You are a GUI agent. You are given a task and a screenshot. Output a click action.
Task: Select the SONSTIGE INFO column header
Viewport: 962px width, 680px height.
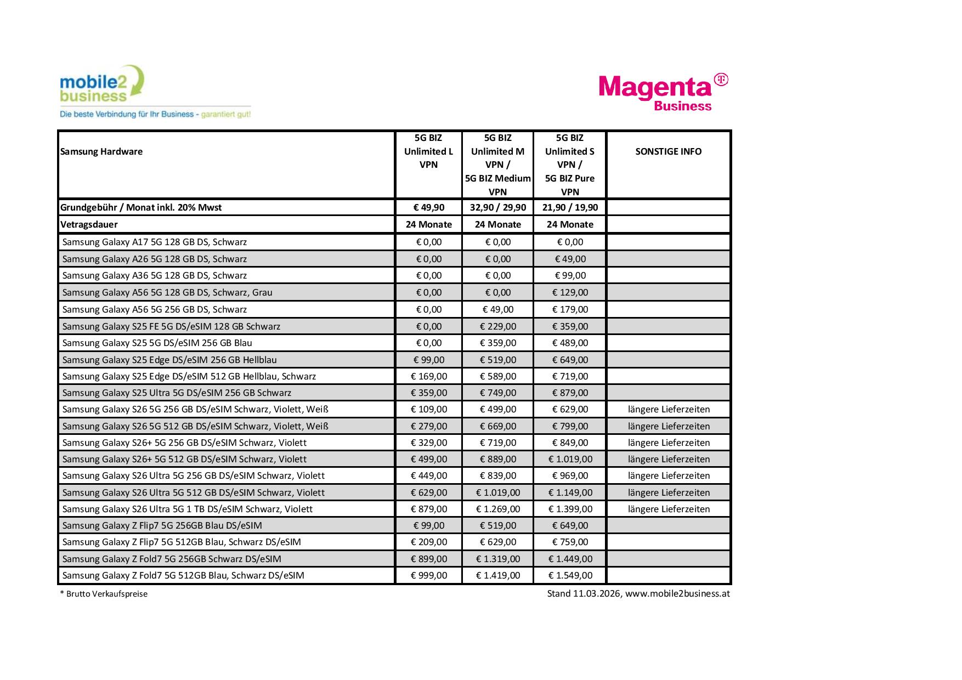pos(668,152)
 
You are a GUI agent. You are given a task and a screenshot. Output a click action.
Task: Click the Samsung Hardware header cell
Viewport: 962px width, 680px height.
pos(101,152)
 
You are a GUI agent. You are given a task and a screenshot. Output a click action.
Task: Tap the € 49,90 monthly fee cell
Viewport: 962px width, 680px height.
pos(429,208)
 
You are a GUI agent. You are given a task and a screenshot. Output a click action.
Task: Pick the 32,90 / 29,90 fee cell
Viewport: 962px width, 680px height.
pos(497,208)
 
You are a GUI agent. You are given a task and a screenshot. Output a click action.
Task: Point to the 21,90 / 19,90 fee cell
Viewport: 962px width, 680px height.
pos(570,208)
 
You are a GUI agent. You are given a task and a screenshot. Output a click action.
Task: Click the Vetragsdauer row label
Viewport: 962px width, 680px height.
pos(89,224)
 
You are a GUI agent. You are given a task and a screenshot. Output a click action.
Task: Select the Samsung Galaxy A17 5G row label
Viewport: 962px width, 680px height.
pos(155,242)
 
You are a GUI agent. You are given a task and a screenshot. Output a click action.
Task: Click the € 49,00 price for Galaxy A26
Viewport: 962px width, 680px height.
pos(570,259)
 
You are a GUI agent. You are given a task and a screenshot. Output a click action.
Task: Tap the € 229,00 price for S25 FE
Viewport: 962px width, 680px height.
pos(497,326)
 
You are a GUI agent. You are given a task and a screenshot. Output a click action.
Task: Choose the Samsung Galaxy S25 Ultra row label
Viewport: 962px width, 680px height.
pos(177,393)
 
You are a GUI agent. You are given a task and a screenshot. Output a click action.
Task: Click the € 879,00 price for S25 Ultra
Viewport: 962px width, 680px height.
pos(570,393)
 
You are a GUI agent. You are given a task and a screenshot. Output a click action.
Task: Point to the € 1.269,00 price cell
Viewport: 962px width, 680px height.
pos(497,509)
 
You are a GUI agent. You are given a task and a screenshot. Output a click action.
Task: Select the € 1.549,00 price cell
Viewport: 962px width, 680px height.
pos(570,575)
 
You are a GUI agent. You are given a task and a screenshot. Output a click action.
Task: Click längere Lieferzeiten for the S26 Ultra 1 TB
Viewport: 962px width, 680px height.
pos(669,509)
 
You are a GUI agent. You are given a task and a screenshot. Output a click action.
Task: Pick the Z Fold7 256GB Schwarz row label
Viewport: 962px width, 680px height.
pos(172,559)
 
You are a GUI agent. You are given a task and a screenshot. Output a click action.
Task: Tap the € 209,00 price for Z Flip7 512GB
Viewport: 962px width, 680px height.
pos(429,542)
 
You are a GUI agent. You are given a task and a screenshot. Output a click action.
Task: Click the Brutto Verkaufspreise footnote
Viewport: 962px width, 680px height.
pos(104,594)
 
